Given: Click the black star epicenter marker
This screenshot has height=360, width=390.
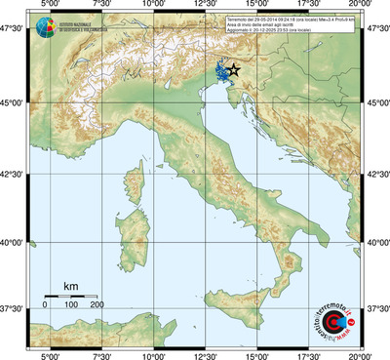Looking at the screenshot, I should tap(233, 70).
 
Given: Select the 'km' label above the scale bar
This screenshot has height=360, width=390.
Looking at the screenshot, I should tap(70, 286).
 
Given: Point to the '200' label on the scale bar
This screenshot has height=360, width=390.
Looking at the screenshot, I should tap(97, 306).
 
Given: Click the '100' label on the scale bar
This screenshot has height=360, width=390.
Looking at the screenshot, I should tap(71, 306).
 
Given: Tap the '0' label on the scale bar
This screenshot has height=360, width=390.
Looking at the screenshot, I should tap(45, 306).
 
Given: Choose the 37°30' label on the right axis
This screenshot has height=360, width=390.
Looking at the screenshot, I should tap(377, 308).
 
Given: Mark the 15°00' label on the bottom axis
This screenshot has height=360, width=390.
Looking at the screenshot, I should tap(256, 353).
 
